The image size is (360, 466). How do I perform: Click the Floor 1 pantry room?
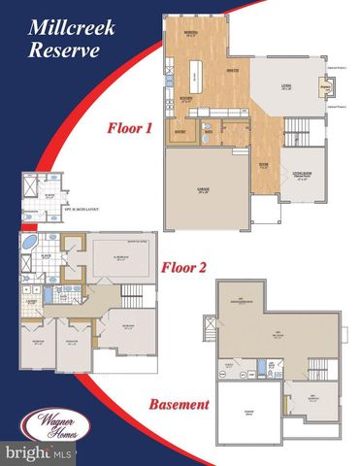180,127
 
